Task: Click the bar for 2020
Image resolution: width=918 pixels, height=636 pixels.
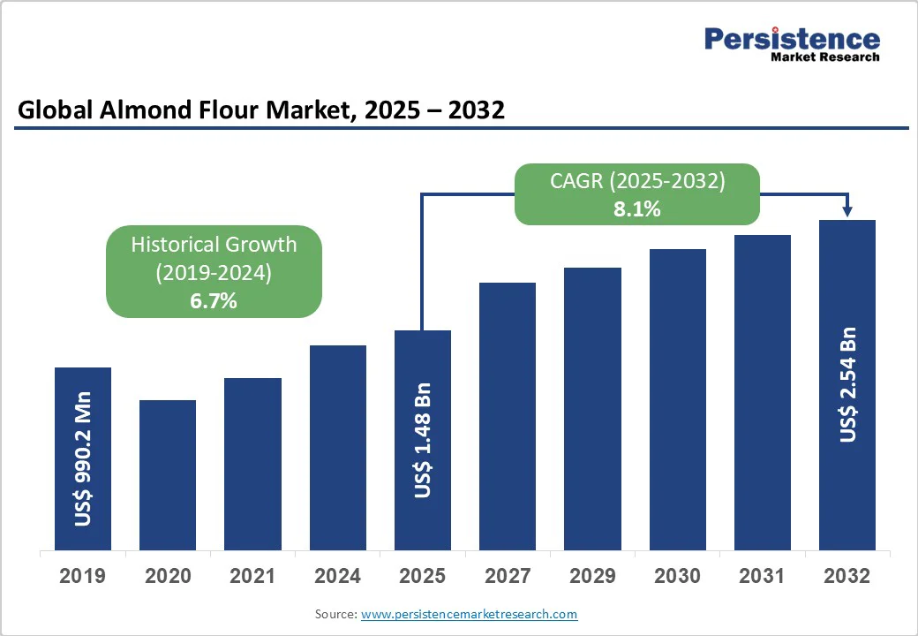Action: click(x=168, y=475)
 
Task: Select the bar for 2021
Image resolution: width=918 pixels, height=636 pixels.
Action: click(x=252, y=465)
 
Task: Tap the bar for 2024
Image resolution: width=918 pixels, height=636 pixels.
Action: click(x=337, y=448)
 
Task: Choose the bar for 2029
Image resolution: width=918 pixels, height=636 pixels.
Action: click(x=592, y=409)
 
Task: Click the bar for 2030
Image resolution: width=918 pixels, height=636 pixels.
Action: click(x=678, y=400)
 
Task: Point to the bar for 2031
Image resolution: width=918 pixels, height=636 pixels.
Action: click(x=763, y=393)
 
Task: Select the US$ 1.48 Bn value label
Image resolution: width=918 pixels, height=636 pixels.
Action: click(x=423, y=439)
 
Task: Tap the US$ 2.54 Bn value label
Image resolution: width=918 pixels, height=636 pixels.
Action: click(x=848, y=384)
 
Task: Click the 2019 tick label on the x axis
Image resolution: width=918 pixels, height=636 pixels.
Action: click(x=82, y=576)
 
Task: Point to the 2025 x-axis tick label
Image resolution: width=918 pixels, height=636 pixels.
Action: click(x=422, y=576)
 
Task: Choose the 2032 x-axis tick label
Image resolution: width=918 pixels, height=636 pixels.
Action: click(x=847, y=576)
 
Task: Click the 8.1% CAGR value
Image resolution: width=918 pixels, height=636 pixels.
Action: click(x=637, y=209)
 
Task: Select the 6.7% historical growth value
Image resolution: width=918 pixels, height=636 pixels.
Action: click(x=214, y=300)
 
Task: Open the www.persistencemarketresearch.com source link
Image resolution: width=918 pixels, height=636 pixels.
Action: click(x=469, y=614)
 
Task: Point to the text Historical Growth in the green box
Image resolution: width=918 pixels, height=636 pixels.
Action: click(x=214, y=244)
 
